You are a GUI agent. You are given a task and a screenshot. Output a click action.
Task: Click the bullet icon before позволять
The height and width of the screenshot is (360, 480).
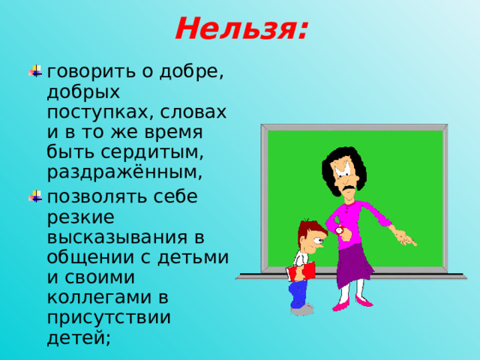(34, 196)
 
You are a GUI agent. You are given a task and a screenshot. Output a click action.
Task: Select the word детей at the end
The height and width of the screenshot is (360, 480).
(79, 339)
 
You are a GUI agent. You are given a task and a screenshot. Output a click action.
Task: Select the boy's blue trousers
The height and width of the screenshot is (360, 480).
(299, 294)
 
